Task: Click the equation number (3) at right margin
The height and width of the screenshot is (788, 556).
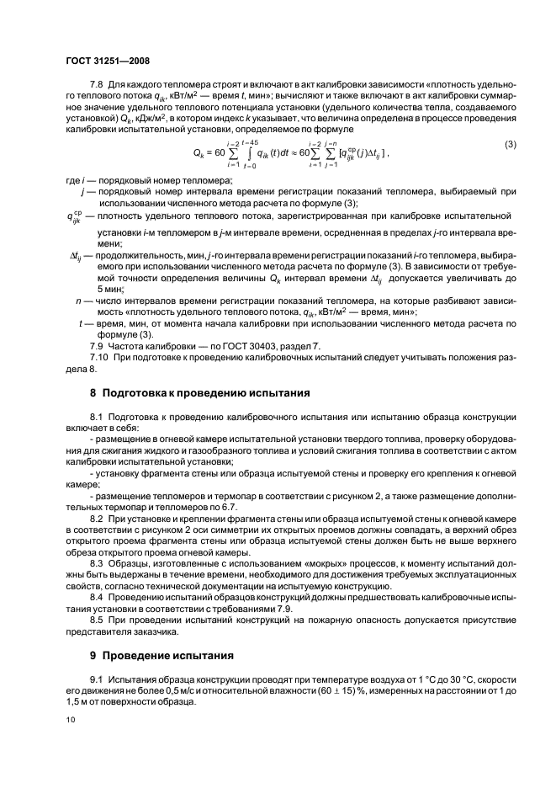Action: click(510, 146)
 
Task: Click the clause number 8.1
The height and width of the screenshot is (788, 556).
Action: click(97, 418)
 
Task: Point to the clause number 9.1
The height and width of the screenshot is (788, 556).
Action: click(97, 679)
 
